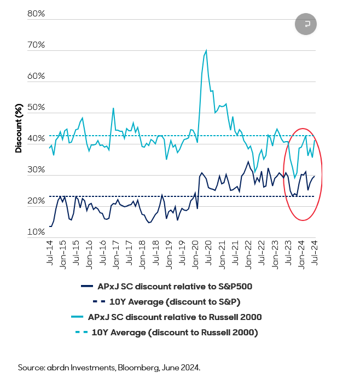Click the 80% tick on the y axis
pos(36,14)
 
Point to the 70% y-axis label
pos(36,45)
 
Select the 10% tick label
pos(36,232)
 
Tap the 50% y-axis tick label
pos(36,107)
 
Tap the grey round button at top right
pos(306,24)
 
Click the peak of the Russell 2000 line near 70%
pos(206,51)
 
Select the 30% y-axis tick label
pos(36,170)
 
